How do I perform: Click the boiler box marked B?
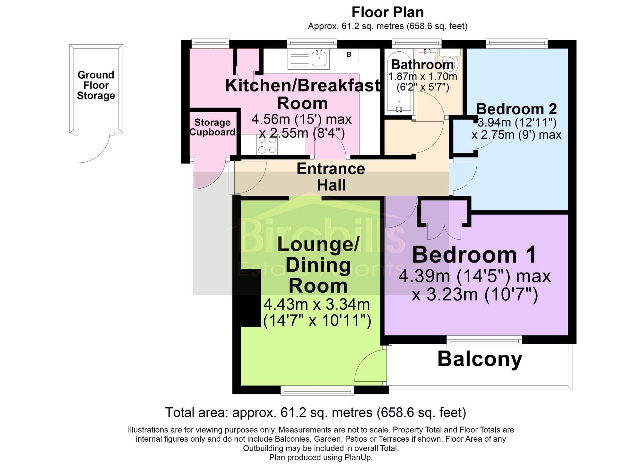[349, 55]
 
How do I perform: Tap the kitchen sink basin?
[319, 59]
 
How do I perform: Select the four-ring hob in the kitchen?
[267, 145]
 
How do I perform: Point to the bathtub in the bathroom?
[399, 82]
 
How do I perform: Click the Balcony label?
[480, 359]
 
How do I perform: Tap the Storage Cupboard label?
[213, 127]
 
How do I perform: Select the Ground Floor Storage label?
[96, 85]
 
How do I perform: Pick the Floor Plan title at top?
[388, 12]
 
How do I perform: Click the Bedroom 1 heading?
[474, 255]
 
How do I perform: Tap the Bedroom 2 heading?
[516, 109]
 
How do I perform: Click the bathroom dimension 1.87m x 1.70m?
[422, 77]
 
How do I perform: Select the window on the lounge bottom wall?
[317, 390]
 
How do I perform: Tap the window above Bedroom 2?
[517, 43]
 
